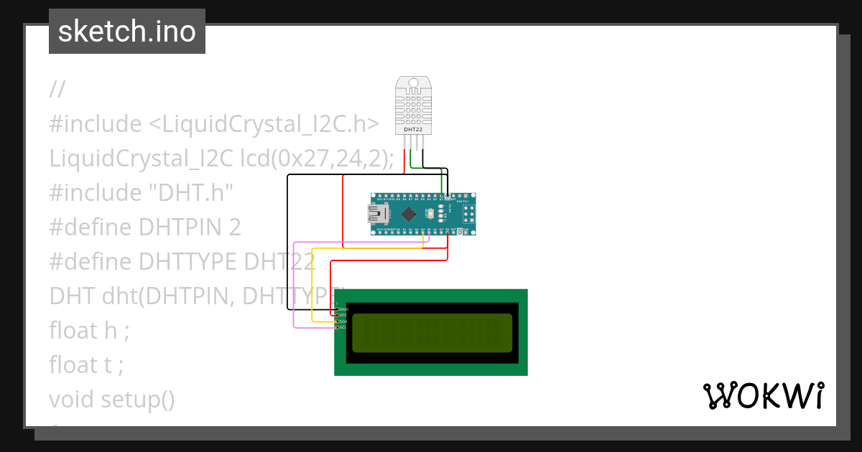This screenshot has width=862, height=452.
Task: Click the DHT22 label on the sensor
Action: click(x=414, y=130)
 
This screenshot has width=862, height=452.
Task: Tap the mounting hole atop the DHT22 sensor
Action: click(x=414, y=83)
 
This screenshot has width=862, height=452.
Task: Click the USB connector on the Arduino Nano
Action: click(x=378, y=213)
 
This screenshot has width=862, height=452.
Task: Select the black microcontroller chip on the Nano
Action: click(x=409, y=213)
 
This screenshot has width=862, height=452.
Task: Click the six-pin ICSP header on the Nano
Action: click(x=468, y=213)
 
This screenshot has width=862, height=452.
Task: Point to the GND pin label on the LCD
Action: click(x=343, y=309)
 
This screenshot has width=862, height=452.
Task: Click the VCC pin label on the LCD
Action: click(x=343, y=315)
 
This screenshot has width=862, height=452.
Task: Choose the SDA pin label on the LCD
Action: click(x=343, y=321)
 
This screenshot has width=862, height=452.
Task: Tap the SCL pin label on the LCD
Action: click(x=343, y=327)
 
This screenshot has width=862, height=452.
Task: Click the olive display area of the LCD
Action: click(x=432, y=333)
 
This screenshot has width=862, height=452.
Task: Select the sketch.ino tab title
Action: click(x=127, y=32)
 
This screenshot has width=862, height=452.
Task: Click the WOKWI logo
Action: click(x=763, y=396)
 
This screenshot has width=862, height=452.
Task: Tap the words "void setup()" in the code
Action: click(x=112, y=400)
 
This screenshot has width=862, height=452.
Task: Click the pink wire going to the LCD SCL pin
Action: click(x=295, y=287)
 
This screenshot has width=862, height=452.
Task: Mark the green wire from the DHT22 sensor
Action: click(x=411, y=161)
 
